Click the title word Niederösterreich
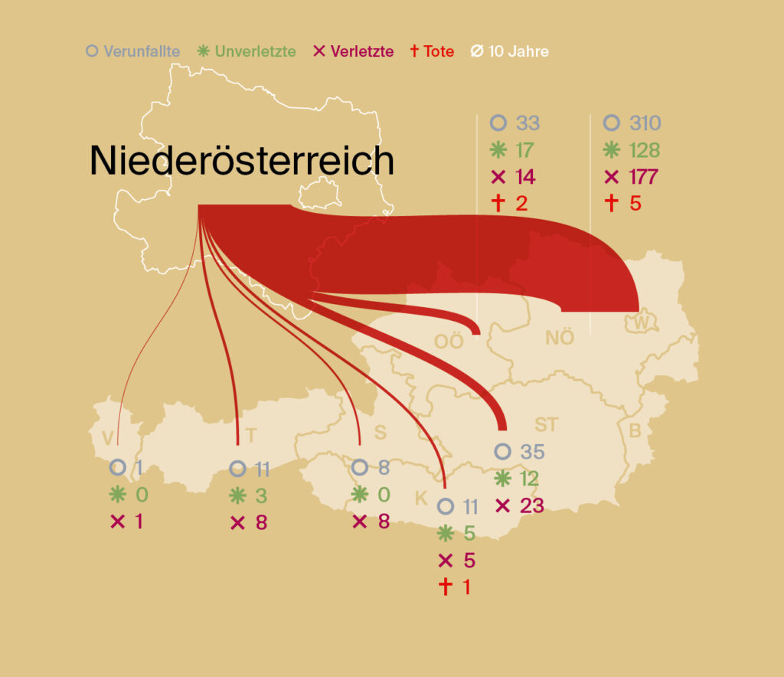[242, 162]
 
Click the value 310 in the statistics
[643, 123]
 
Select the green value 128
[643, 150]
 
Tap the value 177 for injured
[643, 177]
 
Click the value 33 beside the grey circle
[528, 123]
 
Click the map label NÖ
[560, 338]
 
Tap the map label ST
[547, 425]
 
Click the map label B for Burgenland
[635, 431]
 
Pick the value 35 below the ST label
[532, 452]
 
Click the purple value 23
[531, 506]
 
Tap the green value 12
[530, 479]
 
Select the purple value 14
[526, 177]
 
